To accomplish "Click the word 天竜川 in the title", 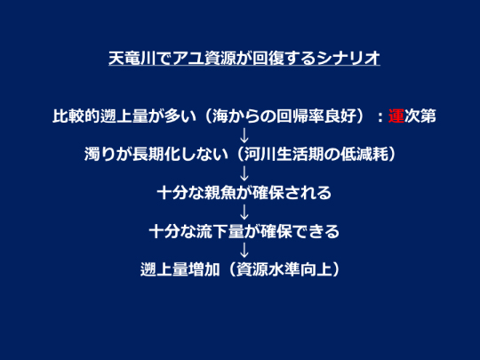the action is click(132, 58).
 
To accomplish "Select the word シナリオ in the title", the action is click(349, 58).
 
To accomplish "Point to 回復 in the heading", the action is click(268, 58).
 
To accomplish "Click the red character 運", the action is click(396, 116).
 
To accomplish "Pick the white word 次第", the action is click(420, 116).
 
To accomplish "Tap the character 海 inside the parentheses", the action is click(220, 116).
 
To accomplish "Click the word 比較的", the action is click(76, 116).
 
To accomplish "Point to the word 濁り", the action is click(100, 154).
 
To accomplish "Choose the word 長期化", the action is click(156, 154).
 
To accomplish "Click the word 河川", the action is click(260, 154).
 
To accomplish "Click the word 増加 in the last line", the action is click(204, 269).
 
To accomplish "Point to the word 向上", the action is click(316, 269).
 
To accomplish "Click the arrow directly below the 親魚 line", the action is click(244, 212).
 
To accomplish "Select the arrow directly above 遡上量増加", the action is click(244, 251).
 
